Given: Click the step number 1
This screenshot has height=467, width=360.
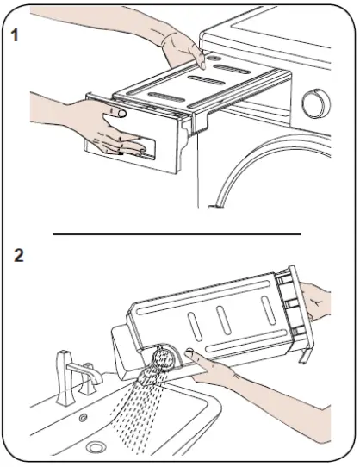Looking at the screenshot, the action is (15, 35).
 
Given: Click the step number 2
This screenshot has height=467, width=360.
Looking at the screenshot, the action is (18, 255).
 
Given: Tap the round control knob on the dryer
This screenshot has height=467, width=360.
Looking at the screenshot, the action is (316, 103).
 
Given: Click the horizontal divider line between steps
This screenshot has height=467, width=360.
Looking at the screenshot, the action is (177, 234).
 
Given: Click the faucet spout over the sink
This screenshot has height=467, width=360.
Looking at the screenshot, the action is (86, 372).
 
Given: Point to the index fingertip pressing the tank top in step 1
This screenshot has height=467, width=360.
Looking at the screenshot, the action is (202, 65).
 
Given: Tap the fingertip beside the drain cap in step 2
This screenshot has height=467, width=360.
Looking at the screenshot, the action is (189, 353).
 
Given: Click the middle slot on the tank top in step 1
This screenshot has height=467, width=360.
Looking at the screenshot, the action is (207, 80).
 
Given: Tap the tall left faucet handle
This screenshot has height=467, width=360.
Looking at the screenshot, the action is (64, 377).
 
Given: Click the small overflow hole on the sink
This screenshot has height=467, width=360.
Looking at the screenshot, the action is (83, 418).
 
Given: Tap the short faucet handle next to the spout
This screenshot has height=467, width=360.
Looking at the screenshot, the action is (88, 379).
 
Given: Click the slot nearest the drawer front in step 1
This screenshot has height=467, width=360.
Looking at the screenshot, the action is (167, 97).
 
